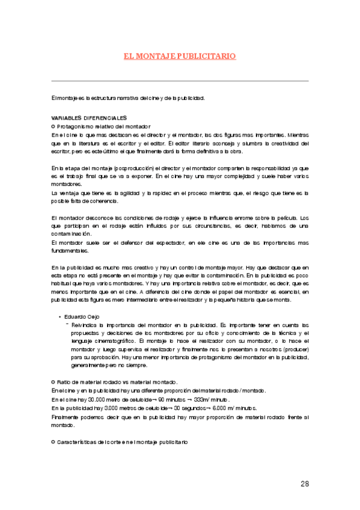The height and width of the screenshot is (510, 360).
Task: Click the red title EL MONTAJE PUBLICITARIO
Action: [180, 56]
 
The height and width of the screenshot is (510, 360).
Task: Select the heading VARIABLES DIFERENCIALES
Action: [89, 117]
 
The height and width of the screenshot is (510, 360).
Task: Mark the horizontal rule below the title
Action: [180, 81]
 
